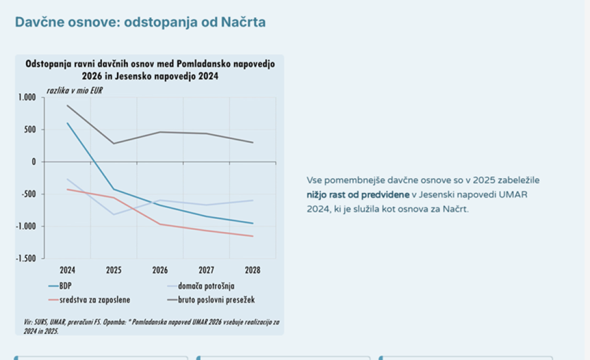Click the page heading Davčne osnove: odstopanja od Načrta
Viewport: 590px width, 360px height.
coord(140,22)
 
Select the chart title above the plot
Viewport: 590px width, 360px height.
coord(150,70)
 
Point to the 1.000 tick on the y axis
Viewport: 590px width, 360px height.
coord(27,98)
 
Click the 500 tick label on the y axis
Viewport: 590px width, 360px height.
coord(29,130)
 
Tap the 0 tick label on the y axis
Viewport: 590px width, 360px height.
coord(34,162)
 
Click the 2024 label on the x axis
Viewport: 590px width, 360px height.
coord(68,270)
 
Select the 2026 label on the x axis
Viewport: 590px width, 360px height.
coord(160,270)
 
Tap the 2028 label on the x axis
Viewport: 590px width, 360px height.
coord(252,270)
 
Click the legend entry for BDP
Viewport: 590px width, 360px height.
coord(65,285)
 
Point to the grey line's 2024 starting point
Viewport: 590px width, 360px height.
coord(67,105)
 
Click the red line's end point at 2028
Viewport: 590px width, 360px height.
coord(253,236)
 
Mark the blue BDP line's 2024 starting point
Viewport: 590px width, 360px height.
coord(67,123)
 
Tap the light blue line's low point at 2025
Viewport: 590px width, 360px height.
coord(114,214)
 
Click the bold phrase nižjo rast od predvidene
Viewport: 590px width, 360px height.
coord(358,195)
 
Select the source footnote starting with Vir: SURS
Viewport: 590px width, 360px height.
coord(150,326)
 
